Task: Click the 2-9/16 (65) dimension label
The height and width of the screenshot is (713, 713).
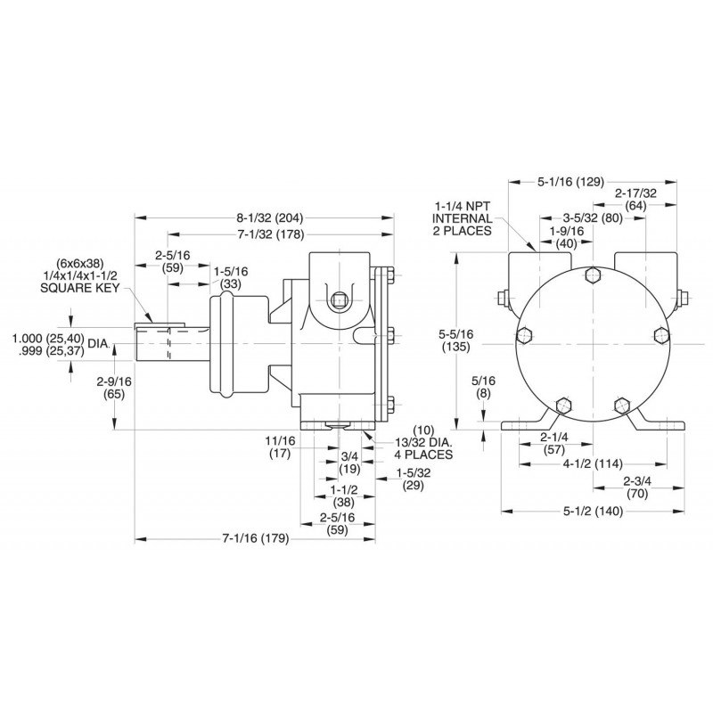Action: [115, 387]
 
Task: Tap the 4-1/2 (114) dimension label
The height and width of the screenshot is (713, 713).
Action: [592, 463]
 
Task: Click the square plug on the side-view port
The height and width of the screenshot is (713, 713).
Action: [340, 301]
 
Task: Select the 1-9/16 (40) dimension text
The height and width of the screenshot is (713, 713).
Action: [572, 236]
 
